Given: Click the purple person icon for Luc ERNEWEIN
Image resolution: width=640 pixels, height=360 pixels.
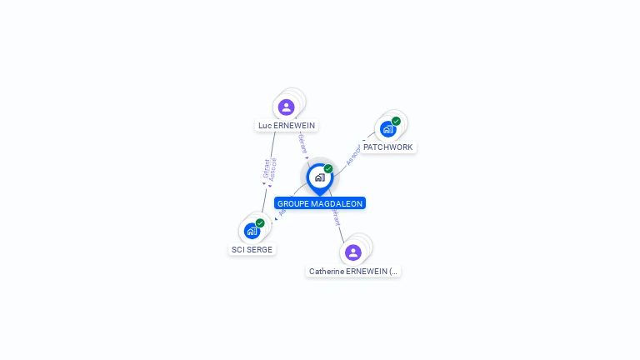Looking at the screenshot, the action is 287,107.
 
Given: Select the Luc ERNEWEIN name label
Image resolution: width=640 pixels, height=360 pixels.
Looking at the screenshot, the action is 287,126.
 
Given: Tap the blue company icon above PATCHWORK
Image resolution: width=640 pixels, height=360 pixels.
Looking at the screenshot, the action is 387,129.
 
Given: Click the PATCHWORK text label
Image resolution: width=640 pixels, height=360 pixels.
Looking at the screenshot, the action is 387,147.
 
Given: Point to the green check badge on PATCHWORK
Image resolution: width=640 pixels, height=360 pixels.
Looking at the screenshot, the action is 396,122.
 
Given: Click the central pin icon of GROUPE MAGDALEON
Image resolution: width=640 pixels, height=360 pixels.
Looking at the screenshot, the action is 319,177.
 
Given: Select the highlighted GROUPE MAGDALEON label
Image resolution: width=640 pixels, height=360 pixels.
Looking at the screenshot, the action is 320,203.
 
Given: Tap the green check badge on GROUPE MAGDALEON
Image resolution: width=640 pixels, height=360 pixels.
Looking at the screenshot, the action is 328,169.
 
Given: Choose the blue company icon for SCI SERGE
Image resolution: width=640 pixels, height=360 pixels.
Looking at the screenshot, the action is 252,231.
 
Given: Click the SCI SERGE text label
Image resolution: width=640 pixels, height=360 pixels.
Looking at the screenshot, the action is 252,249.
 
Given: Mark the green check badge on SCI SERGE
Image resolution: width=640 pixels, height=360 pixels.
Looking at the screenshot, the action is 260,223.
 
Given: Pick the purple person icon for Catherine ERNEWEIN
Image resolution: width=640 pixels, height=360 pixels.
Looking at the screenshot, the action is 353,252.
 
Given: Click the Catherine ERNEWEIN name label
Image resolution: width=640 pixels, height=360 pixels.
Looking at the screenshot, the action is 353,272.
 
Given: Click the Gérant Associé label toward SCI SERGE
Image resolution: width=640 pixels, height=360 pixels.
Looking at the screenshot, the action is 269,170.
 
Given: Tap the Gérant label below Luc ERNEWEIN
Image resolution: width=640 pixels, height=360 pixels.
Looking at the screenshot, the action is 302,143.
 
